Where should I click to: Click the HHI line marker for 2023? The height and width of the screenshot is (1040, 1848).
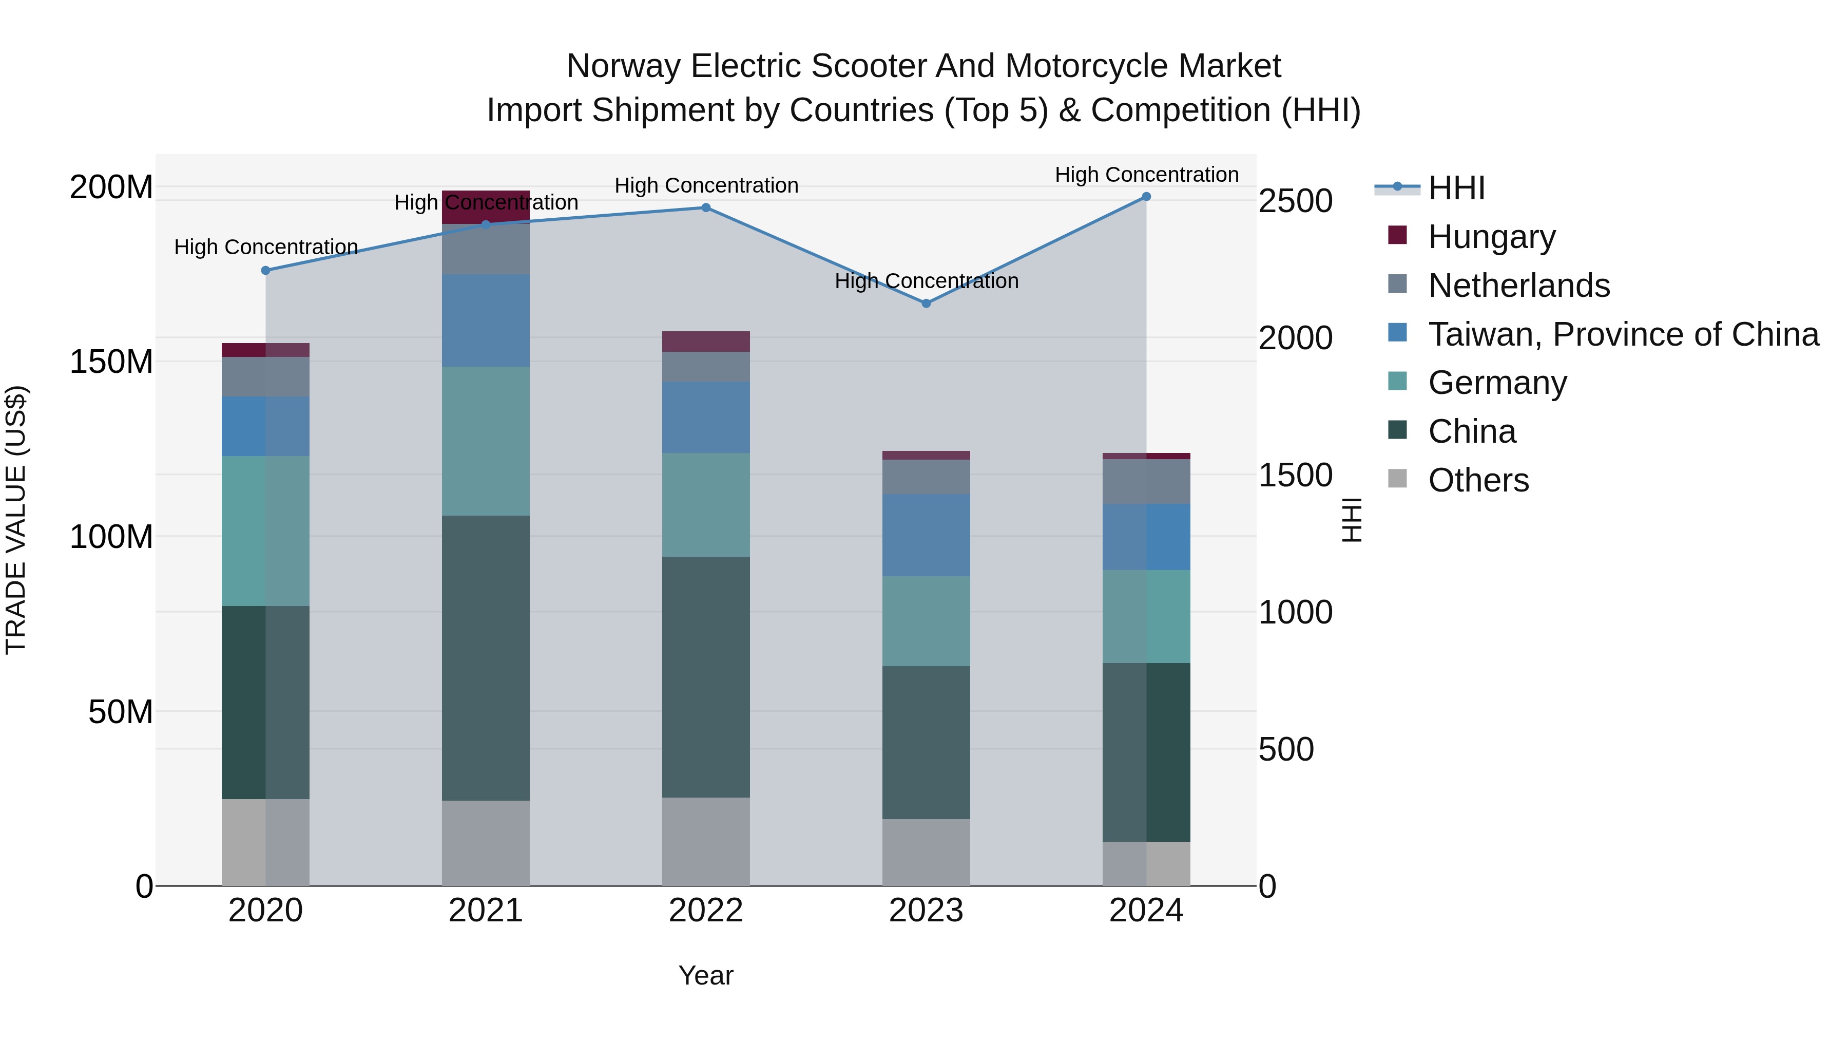coord(926,304)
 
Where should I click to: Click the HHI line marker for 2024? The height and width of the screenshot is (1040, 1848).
coord(1146,197)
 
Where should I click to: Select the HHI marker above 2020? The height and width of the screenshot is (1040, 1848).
coord(265,271)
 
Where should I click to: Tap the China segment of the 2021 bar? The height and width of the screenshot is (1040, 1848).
coord(486,657)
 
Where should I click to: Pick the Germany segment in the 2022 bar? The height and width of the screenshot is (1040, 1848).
coord(705,504)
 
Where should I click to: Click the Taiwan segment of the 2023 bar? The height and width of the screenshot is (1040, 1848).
coord(926,535)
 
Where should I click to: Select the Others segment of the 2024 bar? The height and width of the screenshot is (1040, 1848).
coord(1146,863)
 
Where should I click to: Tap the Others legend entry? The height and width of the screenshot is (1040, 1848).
coord(1478,480)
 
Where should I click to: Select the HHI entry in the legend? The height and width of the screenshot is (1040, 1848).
coord(1456,188)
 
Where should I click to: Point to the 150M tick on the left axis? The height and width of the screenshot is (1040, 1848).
coord(111,362)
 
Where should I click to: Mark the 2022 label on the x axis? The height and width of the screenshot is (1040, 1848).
coord(705,911)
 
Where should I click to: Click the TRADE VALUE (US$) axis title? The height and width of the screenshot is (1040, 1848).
coord(16,520)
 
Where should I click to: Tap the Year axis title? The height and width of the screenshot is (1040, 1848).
coord(705,975)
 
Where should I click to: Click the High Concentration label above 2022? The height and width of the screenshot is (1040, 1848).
coord(706,185)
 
